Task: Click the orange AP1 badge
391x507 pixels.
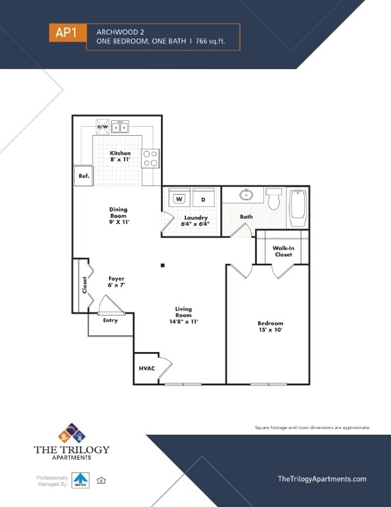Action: pos(66,33)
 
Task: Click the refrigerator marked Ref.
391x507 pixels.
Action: pos(84,176)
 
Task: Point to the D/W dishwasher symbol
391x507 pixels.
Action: pos(103,127)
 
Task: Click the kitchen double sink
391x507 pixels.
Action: pos(120,127)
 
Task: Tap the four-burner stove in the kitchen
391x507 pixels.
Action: pos(150,158)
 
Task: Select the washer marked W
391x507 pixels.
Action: pos(179,199)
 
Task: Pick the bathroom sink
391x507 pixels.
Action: pos(246,195)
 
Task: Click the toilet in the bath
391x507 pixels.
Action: pos(274,198)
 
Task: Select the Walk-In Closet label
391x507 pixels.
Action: pos(283,251)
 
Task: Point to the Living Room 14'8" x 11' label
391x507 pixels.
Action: pos(183,316)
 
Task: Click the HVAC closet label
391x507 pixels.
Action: pos(146,369)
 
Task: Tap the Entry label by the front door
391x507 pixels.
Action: pos(111,320)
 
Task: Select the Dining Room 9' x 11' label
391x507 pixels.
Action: pos(118,216)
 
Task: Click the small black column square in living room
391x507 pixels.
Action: pos(163,265)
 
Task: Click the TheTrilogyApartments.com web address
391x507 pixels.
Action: pos(322,479)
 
